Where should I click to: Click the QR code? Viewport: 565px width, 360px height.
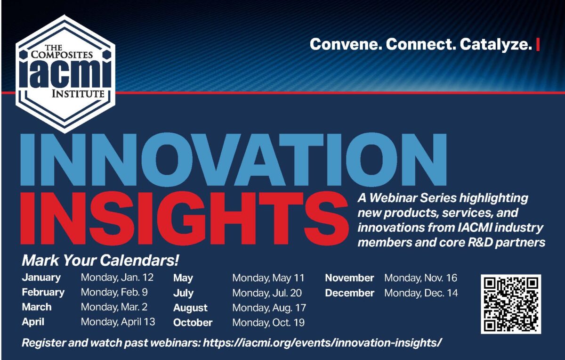pos(511,304)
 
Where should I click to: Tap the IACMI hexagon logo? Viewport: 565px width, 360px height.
pos(65,74)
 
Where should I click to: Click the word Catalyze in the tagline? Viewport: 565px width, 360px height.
pos(496,44)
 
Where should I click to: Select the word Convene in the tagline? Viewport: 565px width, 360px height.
pos(344,44)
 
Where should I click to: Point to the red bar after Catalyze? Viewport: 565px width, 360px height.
pos(538,45)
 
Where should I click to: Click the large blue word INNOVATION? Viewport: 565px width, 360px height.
pos(234,159)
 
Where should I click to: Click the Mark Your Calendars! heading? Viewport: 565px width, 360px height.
pos(100,261)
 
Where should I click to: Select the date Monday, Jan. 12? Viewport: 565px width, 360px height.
pos(117,278)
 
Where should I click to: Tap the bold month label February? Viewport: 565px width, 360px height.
pos(43,292)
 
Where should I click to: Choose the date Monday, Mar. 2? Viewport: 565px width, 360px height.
pos(114,307)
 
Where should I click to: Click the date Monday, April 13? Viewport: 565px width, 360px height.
pos(118,322)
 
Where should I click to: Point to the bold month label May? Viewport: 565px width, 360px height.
pos(183,278)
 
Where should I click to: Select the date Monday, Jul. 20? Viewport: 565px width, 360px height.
pos(267,293)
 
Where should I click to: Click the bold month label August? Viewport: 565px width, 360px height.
pos(190,308)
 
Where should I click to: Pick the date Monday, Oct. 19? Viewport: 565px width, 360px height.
pos(268,322)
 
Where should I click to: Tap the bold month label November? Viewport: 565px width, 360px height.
pos(349,278)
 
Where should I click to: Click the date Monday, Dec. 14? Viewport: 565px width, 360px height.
pos(421,293)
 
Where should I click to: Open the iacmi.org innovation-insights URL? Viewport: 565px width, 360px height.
pos(323,343)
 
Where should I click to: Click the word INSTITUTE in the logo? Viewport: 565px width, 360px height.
pos(78,94)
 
